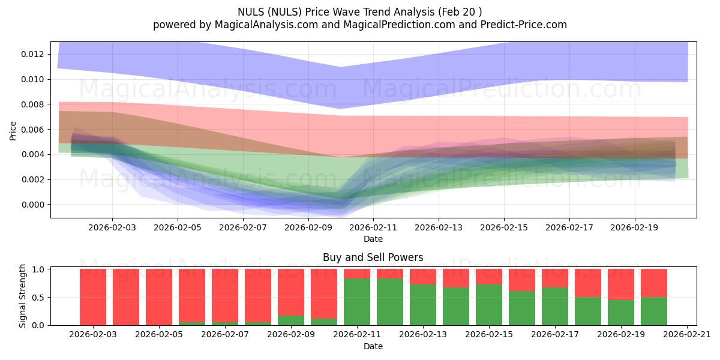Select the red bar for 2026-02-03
pyautogui.click(x=93, y=297)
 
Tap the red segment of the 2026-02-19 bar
pyautogui.click(x=621, y=284)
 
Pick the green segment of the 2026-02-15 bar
pyautogui.click(x=489, y=305)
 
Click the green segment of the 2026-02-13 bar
pyautogui.click(x=423, y=305)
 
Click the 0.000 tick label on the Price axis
pyautogui.click(x=32, y=205)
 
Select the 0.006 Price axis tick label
pyautogui.click(x=32, y=130)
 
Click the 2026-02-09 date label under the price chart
pyautogui.click(x=308, y=228)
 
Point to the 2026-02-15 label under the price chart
pyautogui.click(x=504, y=228)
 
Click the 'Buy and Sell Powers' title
pyautogui.click(x=373, y=257)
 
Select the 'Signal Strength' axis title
pyautogui.click(x=23, y=296)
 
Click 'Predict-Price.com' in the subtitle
pyautogui.click(x=521, y=25)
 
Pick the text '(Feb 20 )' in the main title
pyautogui.click(x=458, y=11)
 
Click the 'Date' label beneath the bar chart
pyautogui.click(x=373, y=346)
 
